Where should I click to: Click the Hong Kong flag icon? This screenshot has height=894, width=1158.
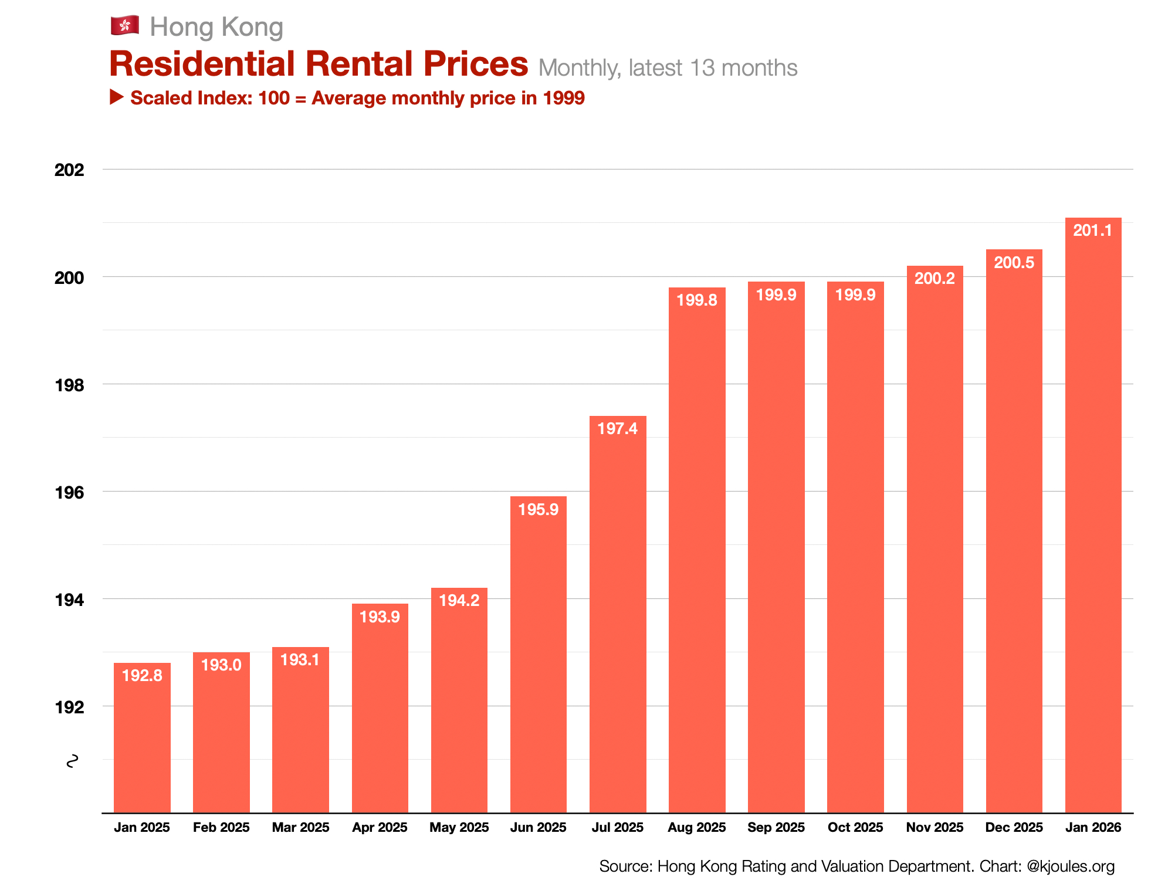pos(124,25)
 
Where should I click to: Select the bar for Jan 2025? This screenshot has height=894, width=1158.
pos(142,739)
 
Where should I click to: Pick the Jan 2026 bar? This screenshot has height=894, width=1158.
pos(1093,516)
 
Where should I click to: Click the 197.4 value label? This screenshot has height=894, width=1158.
pos(617,429)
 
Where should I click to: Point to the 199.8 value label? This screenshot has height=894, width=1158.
pos(696,300)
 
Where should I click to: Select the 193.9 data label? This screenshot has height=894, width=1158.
pos(380,617)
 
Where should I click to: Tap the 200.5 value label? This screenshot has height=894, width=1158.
pos(1014,262)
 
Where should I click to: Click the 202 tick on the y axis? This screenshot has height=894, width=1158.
pos(69,170)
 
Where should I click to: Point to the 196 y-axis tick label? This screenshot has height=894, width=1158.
pos(69,493)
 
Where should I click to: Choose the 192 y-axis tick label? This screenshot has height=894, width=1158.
pos(69,707)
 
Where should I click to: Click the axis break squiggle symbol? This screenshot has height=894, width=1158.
pos(72,761)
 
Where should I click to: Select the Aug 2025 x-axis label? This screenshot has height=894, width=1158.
pos(696,828)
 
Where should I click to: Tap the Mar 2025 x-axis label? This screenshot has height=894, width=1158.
pos(300,828)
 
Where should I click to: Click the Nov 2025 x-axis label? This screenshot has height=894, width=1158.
pos(934,828)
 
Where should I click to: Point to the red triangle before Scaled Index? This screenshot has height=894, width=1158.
pos(117,97)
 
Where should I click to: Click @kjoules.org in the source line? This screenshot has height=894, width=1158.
pos(1071,866)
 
